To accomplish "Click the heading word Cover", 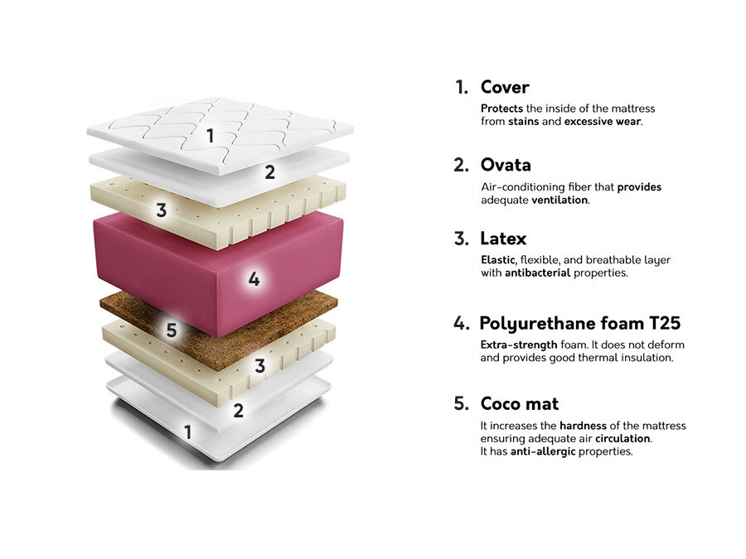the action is tap(505, 87).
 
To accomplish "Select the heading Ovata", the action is tap(506, 165).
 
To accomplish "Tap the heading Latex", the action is tap(503, 239).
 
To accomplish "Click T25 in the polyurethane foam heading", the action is tap(665, 323).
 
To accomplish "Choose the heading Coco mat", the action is tap(520, 403).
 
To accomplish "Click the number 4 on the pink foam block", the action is tap(254, 278).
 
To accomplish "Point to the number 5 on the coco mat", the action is tap(172, 330).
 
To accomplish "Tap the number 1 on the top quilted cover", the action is tap(211, 136).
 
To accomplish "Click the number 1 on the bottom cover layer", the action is tap(188, 432).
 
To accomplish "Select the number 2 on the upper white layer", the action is tap(269, 172).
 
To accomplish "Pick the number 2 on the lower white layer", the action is tap(239, 410).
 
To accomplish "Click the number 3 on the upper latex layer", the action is tap(162, 210).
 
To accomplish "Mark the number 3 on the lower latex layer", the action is tap(259, 365).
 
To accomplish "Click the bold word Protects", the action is tap(501, 108).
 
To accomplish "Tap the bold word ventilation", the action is tap(559, 200).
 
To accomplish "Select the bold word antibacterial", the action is tap(538, 272).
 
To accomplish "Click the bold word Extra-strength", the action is tap(519, 345).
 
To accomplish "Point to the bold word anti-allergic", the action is tap(543, 451).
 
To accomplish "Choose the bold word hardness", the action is tap(583, 426).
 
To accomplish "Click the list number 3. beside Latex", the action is tap(461, 239).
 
